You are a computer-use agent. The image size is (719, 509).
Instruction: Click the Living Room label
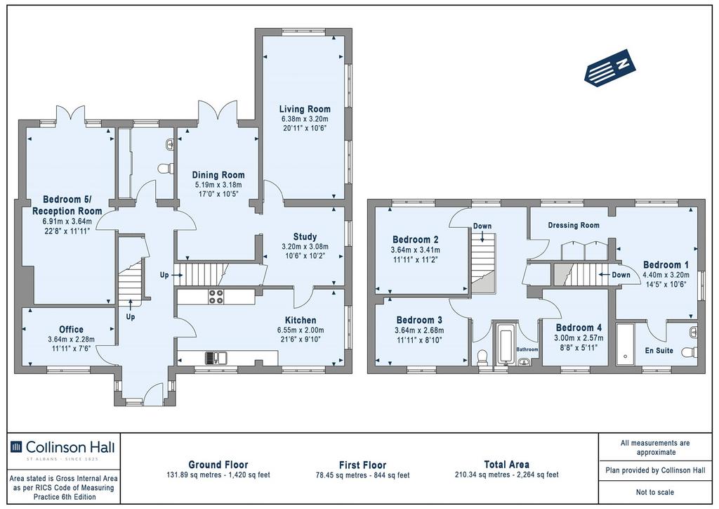coord(305,109)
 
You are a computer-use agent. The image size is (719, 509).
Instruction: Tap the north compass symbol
coord(610,67)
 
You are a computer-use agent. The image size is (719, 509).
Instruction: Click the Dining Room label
coord(218,175)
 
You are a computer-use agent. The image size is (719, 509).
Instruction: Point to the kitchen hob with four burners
coord(216,296)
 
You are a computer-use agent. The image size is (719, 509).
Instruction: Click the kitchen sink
coord(216,357)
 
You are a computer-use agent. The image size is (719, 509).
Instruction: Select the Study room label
coord(305,237)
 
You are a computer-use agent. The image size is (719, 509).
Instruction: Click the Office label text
coord(72,329)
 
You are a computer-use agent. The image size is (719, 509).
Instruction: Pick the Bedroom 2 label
coord(416,240)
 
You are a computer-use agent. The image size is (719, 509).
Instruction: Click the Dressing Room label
coord(574,225)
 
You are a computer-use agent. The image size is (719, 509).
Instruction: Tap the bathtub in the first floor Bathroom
coord(506,343)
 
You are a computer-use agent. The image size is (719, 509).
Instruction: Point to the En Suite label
coord(659,350)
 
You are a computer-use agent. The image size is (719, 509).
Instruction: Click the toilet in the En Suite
coord(690,352)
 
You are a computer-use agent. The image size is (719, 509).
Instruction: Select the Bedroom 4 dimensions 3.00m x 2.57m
coord(579,338)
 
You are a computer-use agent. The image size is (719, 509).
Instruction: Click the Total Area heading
coord(507,465)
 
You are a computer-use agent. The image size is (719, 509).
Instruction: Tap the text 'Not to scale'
coord(655,492)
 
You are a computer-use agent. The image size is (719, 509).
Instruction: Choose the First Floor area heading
coord(363,465)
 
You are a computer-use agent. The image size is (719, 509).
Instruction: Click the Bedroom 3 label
coord(419,320)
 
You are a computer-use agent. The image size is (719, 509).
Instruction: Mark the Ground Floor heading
coord(218,465)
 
